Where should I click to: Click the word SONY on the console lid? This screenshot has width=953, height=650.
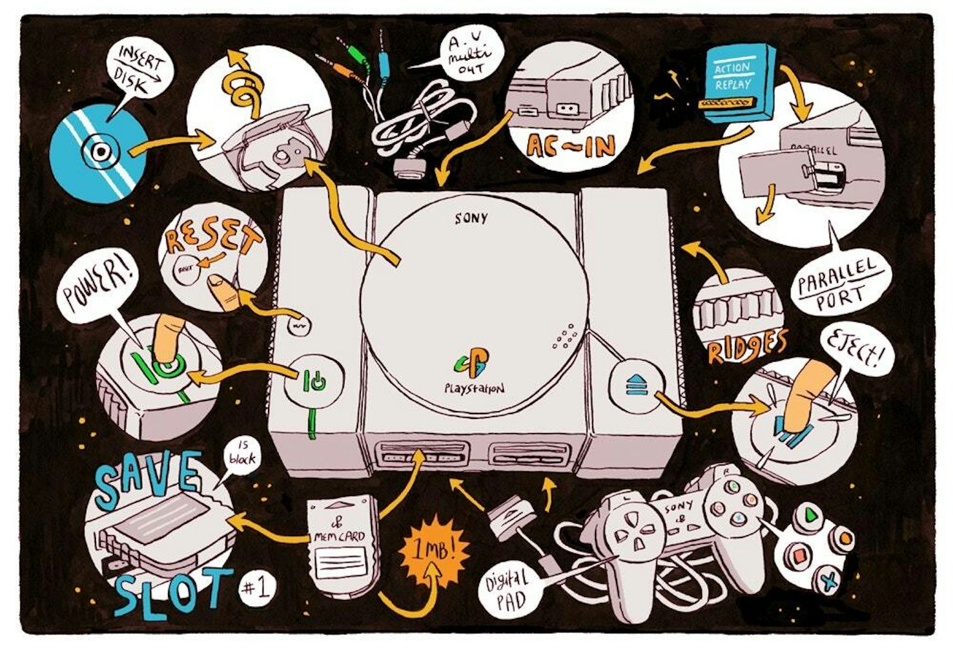point(471,218)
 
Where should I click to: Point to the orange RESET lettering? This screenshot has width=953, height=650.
point(211,238)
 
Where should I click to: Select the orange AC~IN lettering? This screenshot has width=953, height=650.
point(571,145)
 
